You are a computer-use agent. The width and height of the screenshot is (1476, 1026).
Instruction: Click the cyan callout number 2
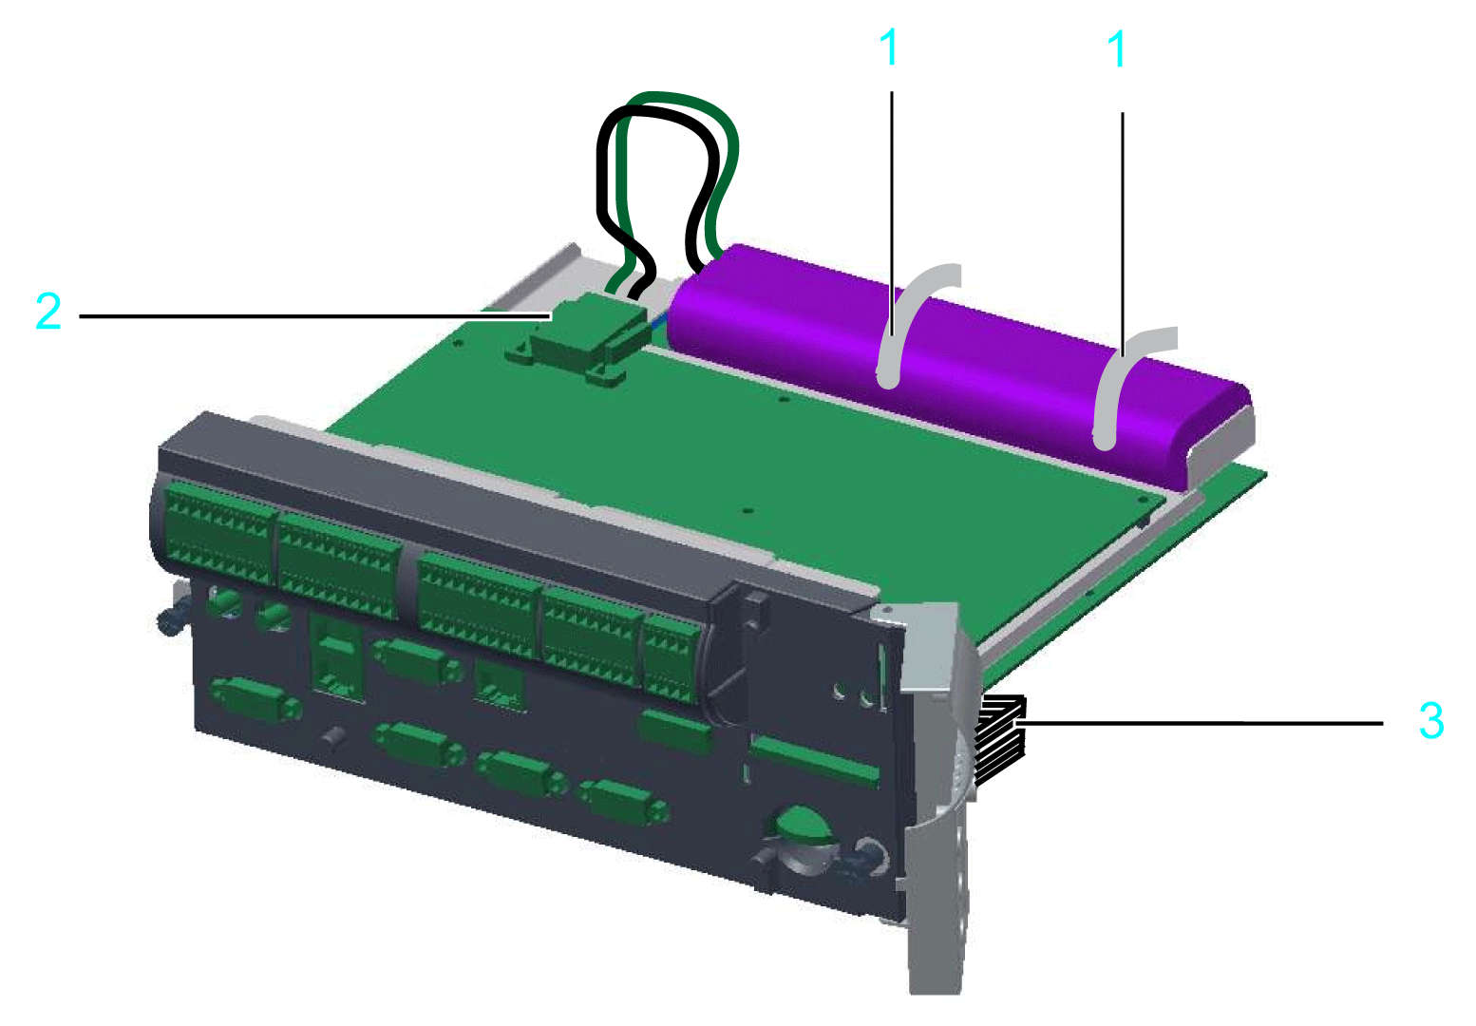coord(48,311)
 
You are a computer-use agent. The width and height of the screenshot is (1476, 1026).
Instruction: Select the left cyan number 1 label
coord(889,47)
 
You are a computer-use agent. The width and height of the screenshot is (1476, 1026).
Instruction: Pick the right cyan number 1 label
coord(1116,48)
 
